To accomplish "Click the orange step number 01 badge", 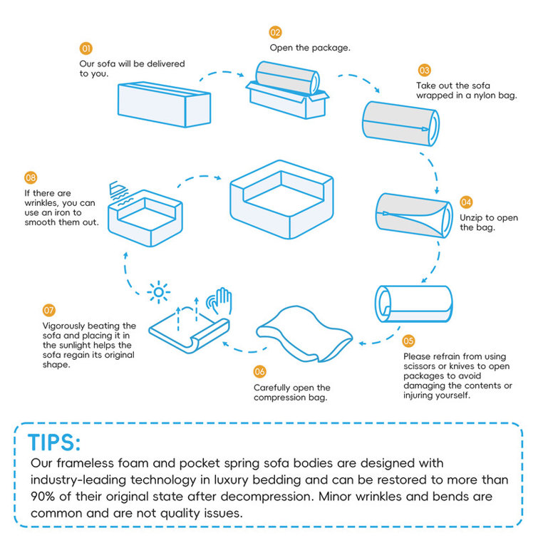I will coord(86,48).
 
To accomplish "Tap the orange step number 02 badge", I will coord(275,32).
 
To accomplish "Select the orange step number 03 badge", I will coord(424,70).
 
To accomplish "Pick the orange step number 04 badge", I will coord(466,202).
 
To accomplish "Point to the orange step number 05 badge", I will coord(409,341).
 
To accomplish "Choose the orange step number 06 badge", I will coord(260,372).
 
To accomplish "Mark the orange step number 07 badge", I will coord(48,311).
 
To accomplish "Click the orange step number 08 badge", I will coord(31,177).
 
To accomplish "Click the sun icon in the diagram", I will coord(157,291).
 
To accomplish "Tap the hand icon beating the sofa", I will coord(219,300).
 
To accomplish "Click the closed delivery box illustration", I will coord(163,103).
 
